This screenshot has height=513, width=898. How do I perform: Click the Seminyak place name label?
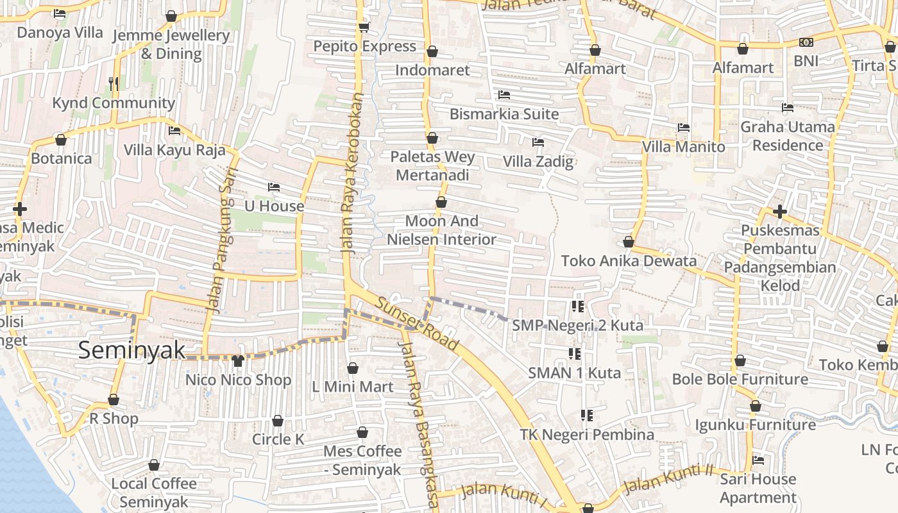pyautogui.click(x=131, y=351)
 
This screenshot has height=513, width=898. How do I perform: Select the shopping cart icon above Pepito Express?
pyautogui.click(x=364, y=27)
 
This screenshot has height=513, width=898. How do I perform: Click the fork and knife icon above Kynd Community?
pyautogui.click(x=114, y=83)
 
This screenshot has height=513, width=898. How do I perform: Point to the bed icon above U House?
pyautogui.click(x=274, y=187)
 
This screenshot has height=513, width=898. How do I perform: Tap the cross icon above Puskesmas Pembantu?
pyautogui.click(x=780, y=211)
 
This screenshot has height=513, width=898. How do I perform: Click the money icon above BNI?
pyautogui.click(x=806, y=42)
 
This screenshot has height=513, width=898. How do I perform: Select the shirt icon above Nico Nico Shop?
pyautogui.click(x=238, y=361)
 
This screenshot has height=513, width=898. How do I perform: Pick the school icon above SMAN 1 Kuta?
pyautogui.click(x=575, y=353)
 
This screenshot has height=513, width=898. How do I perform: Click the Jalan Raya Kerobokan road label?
pyautogui.click(x=353, y=174)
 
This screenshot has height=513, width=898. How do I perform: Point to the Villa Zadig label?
pyautogui.click(x=538, y=161)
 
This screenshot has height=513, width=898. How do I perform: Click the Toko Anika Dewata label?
pyautogui.click(x=629, y=261)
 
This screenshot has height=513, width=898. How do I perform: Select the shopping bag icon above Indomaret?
pyautogui.click(x=432, y=51)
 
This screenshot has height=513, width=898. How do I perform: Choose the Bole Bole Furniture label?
pyautogui.click(x=740, y=379)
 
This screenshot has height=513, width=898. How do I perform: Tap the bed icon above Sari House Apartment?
pyautogui.click(x=758, y=460)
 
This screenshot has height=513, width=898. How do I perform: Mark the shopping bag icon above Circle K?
pyautogui.click(x=278, y=421)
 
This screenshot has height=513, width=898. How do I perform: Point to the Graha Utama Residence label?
pyautogui.click(x=788, y=136)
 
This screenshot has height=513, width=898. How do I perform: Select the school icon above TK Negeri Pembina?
pyautogui.click(x=586, y=416)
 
